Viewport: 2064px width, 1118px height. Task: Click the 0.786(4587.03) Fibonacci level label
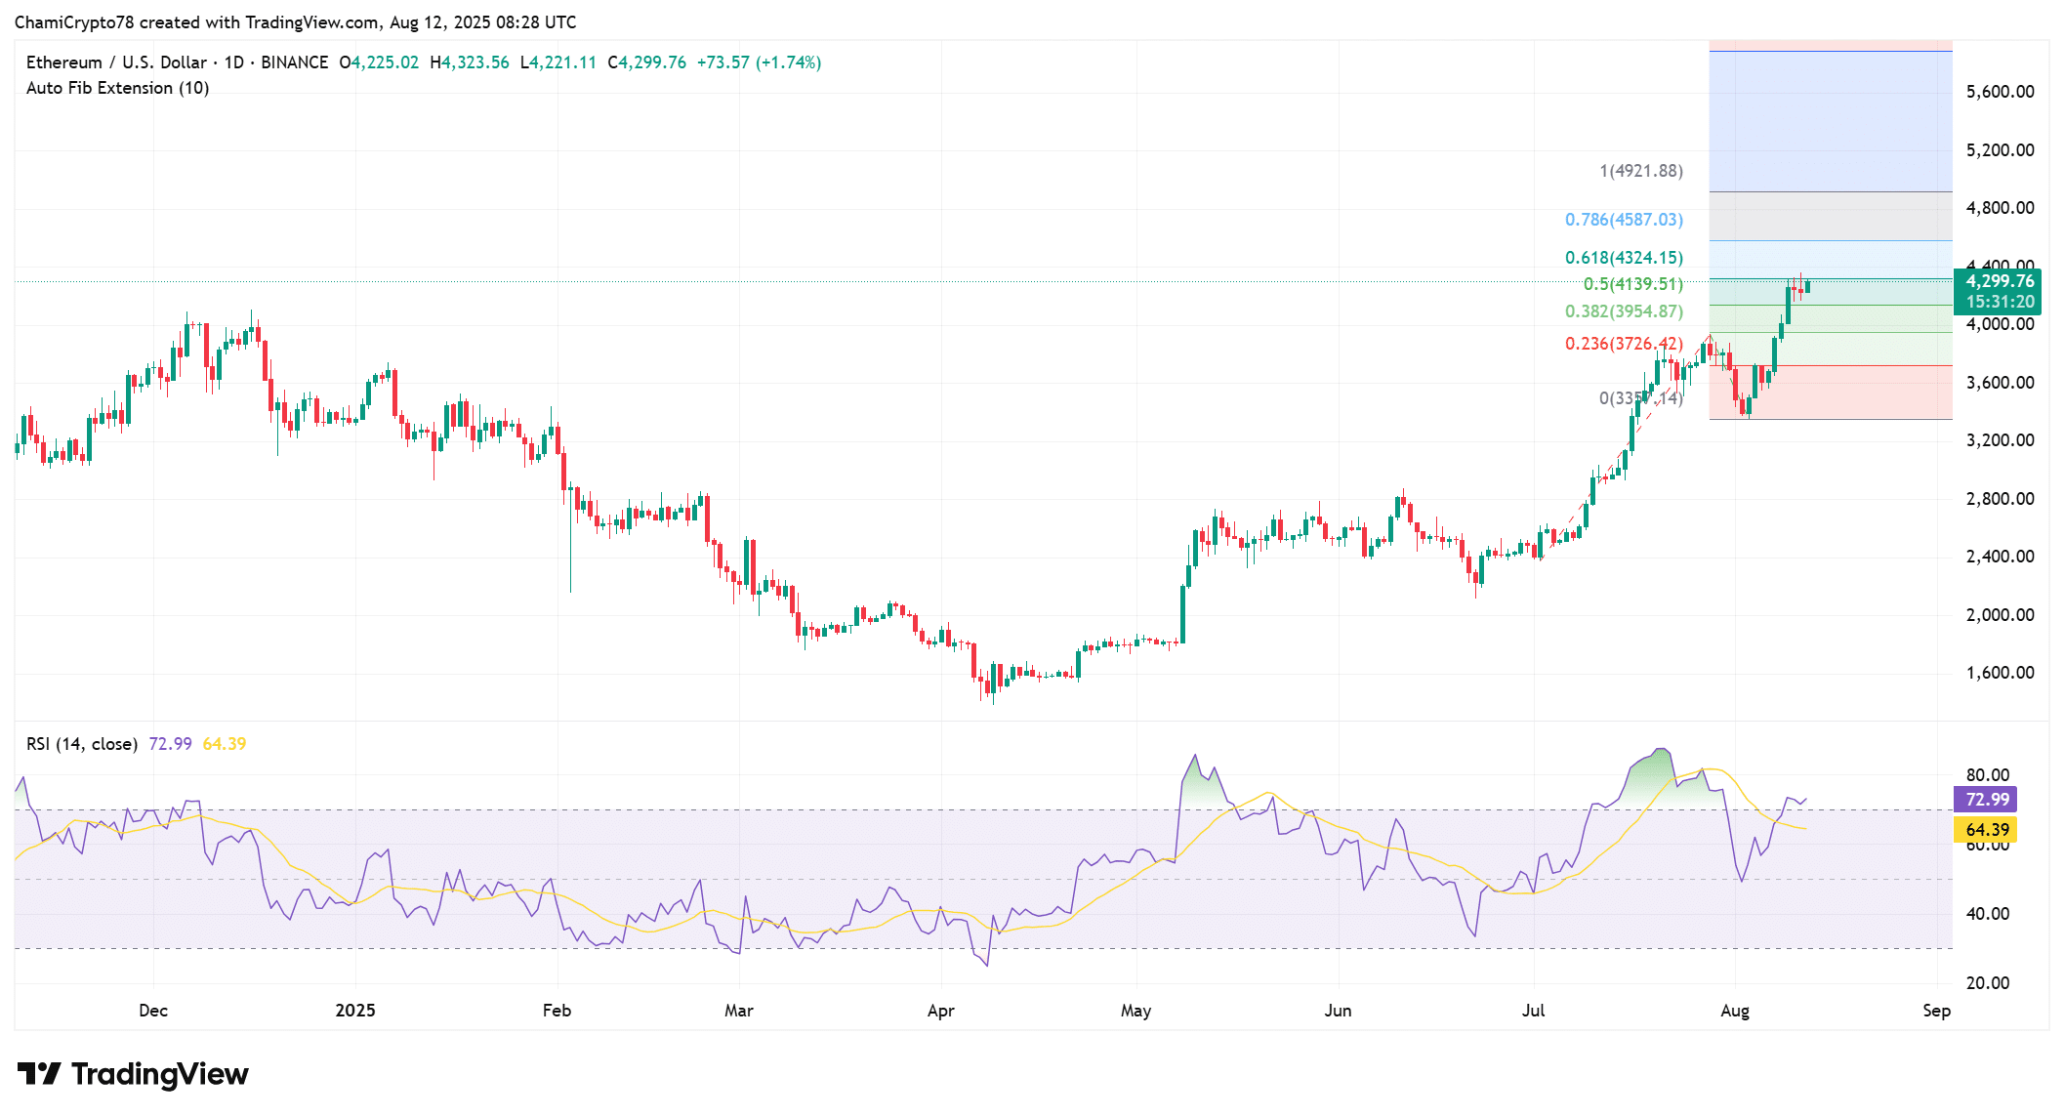pos(1624,220)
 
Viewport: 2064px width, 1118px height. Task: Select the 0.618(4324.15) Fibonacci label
pos(1624,258)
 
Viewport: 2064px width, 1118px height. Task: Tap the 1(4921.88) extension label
pos(1640,171)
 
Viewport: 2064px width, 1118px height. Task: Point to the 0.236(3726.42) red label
pos(1624,344)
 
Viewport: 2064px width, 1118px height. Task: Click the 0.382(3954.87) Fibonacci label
pos(1624,311)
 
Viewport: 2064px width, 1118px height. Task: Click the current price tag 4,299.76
pos(1999,281)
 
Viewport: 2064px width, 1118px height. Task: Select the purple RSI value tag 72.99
pos(1987,800)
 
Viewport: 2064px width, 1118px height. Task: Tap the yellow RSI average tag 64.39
pos(1987,830)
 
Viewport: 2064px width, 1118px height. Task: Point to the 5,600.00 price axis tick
pos(2000,92)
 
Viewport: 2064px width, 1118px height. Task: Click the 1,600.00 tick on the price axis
pos(2000,673)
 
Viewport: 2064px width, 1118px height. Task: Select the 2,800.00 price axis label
pos(2000,499)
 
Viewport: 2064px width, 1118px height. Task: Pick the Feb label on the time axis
pos(557,1011)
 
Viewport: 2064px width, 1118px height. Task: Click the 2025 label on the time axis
pos(355,1011)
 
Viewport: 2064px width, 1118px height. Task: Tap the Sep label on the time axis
pos(1936,1011)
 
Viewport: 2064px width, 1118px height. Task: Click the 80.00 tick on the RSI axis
pos(1988,775)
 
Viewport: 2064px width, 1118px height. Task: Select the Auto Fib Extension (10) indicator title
pos(117,88)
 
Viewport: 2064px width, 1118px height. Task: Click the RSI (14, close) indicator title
pos(82,744)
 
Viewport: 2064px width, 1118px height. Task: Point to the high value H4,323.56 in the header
pos(470,62)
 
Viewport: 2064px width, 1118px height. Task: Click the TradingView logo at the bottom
pos(133,1074)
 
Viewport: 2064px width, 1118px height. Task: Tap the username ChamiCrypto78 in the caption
pos(73,21)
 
